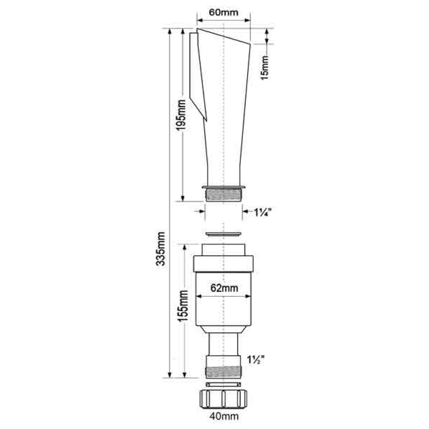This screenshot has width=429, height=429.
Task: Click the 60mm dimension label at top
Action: (224, 12)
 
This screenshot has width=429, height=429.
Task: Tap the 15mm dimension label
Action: (265, 68)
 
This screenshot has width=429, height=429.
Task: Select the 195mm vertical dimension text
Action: (181, 115)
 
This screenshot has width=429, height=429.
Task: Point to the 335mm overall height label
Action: (160, 249)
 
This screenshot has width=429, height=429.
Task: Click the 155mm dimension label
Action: (183, 306)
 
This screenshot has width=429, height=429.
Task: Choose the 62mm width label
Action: (224, 288)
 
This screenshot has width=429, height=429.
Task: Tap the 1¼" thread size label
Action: (263, 212)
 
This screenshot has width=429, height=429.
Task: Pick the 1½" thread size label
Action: (256, 360)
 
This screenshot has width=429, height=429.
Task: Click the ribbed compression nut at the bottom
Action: (224, 399)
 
